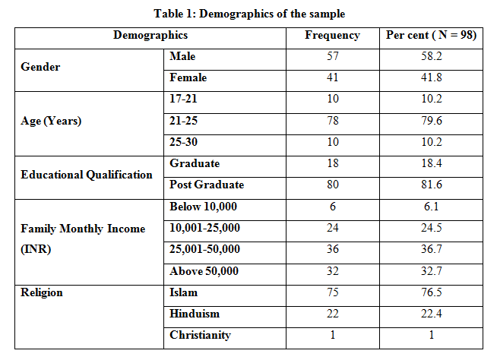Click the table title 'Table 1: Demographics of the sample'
click(x=249, y=14)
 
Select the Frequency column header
click(x=333, y=36)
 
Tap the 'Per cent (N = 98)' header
click(x=431, y=35)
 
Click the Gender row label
click(x=40, y=67)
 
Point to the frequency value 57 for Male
click(x=333, y=56)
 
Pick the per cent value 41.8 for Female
click(x=431, y=77)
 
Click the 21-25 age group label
click(x=183, y=121)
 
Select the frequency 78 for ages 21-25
click(x=333, y=121)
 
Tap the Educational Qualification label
click(x=87, y=175)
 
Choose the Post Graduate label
click(x=207, y=185)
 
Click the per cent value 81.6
click(x=431, y=185)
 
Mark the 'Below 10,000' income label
click(x=203, y=207)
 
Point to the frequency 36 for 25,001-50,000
click(x=333, y=249)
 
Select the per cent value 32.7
click(x=431, y=271)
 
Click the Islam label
click(x=183, y=292)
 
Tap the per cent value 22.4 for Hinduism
click(x=431, y=314)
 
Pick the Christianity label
click(x=201, y=335)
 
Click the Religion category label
click(x=42, y=292)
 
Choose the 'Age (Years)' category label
click(x=51, y=121)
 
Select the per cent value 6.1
click(x=431, y=207)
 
